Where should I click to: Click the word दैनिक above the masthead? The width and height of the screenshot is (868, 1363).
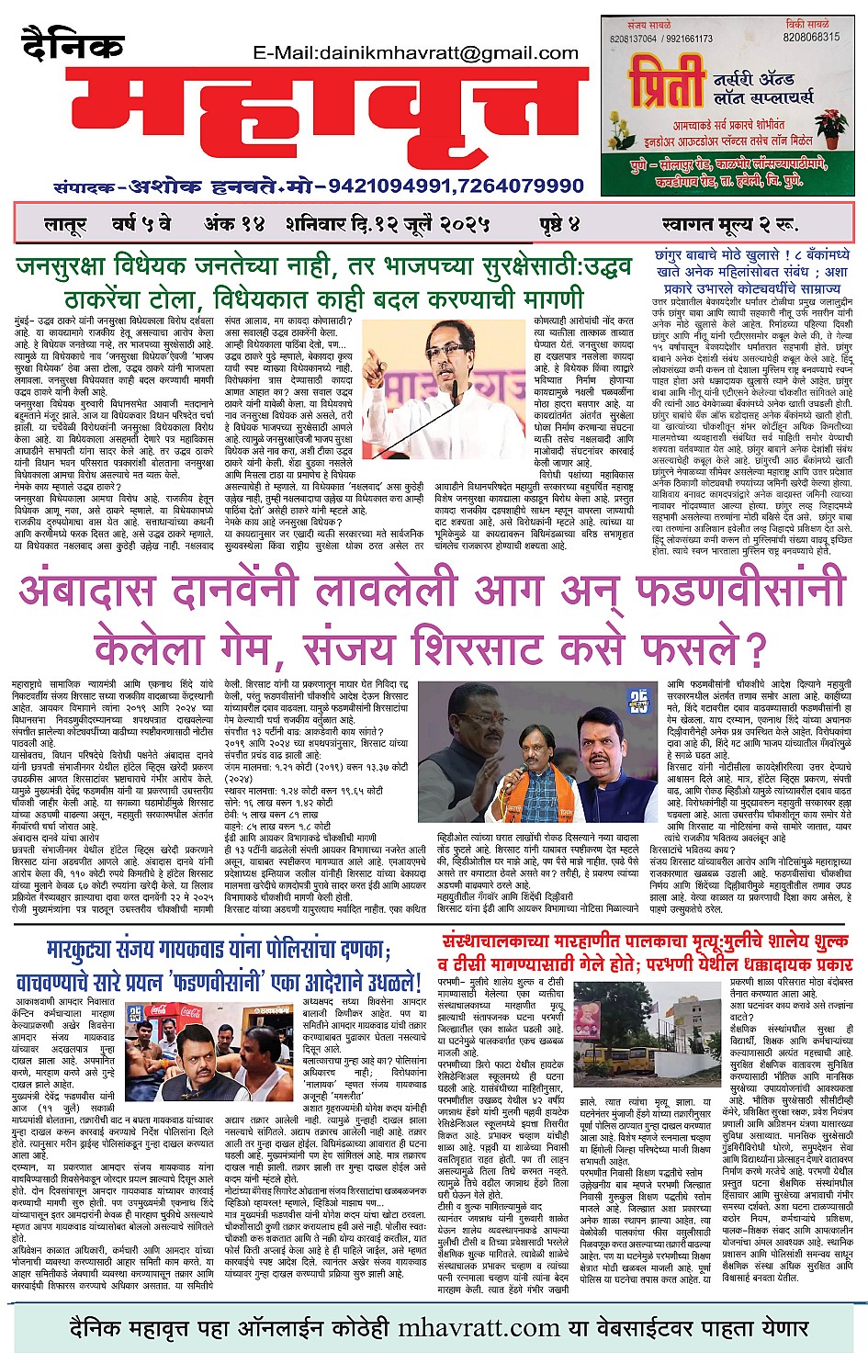[x=73, y=45]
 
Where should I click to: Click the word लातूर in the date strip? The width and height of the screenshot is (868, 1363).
[x=64, y=224]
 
